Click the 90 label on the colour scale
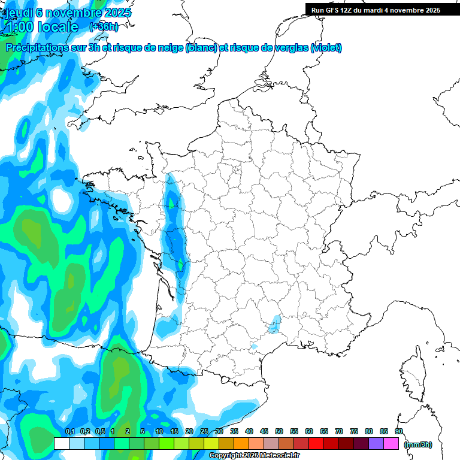pyautogui.click(x=399, y=431)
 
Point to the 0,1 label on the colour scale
pyautogui.click(x=69, y=431)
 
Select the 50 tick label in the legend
pyautogui.click(x=279, y=431)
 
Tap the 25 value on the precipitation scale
pyautogui.click(x=204, y=431)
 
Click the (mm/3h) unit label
pyautogui.click(x=418, y=444)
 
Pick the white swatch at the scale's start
pyautogui.click(x=61, y=444)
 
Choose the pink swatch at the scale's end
pyautogui.click(x=392, y=444)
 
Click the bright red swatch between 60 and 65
pyautogui.click(x=316, y=444)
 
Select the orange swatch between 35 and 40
pyautogui.click(x=241, y=444)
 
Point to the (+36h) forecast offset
pyautogui.click(x=104, y=26)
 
